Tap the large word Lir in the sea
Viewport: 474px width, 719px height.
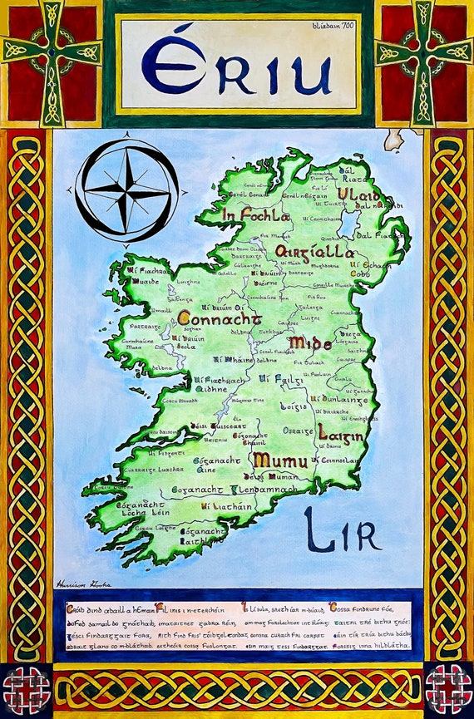coord(342,529)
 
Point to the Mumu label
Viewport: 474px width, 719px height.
coord(280,460)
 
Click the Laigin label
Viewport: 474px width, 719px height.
coord(339,433)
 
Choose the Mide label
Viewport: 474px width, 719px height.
coord(310,342)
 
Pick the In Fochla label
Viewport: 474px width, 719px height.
coord(255,215)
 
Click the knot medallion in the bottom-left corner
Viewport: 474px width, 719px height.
coord(25,688)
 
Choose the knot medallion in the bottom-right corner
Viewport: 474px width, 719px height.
coord(448,688)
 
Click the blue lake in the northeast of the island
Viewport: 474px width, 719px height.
coord(348,223)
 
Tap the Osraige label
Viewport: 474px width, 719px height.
coord(296,431)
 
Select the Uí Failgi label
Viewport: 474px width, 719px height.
coord(276,378)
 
